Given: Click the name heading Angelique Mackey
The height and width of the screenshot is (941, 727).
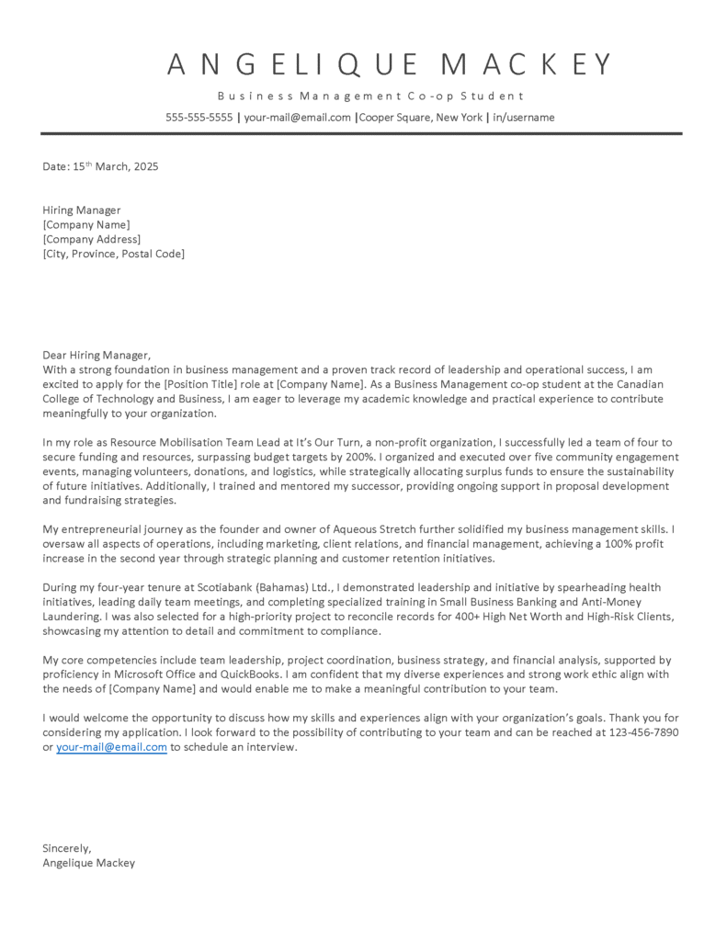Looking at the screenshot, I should pos(391,64).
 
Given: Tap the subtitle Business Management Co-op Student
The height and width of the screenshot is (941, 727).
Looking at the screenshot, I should pos(370,96).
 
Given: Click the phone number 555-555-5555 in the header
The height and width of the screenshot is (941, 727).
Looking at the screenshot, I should pos(199,118).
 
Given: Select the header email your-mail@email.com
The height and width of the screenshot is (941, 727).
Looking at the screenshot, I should pos(297,118).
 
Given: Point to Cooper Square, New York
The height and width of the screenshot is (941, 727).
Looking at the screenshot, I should pos(421,118).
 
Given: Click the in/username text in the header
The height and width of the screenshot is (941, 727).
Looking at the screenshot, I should pos(523,118).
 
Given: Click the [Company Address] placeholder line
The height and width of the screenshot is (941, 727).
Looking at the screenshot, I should pos(92,239).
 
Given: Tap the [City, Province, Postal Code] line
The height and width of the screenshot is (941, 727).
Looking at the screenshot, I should pos(113,254).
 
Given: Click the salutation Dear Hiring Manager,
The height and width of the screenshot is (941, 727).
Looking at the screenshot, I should pos(96,355).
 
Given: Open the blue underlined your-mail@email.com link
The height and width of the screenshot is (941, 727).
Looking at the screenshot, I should pos(111,747).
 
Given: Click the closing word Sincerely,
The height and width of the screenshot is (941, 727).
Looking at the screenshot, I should pos(67,848).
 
